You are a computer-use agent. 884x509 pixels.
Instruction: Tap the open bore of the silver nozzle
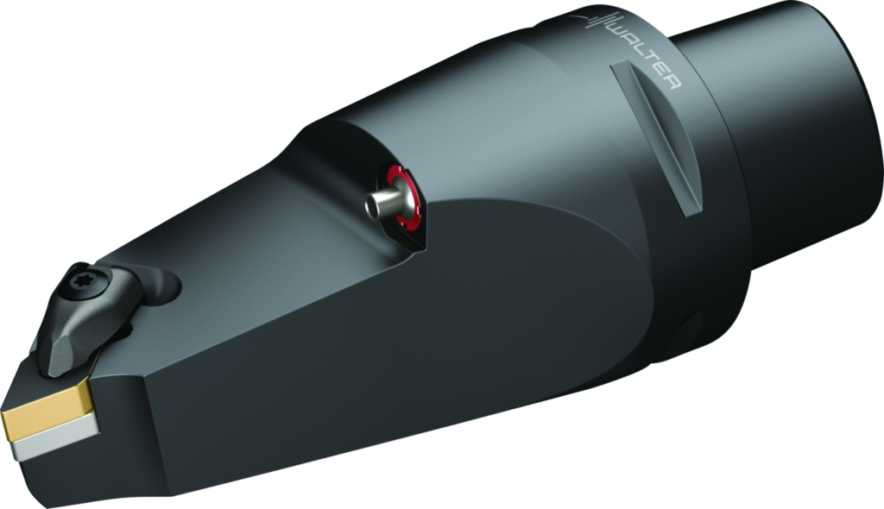pos(371,208)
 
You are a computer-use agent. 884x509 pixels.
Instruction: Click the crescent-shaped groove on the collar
pos(656,138)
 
